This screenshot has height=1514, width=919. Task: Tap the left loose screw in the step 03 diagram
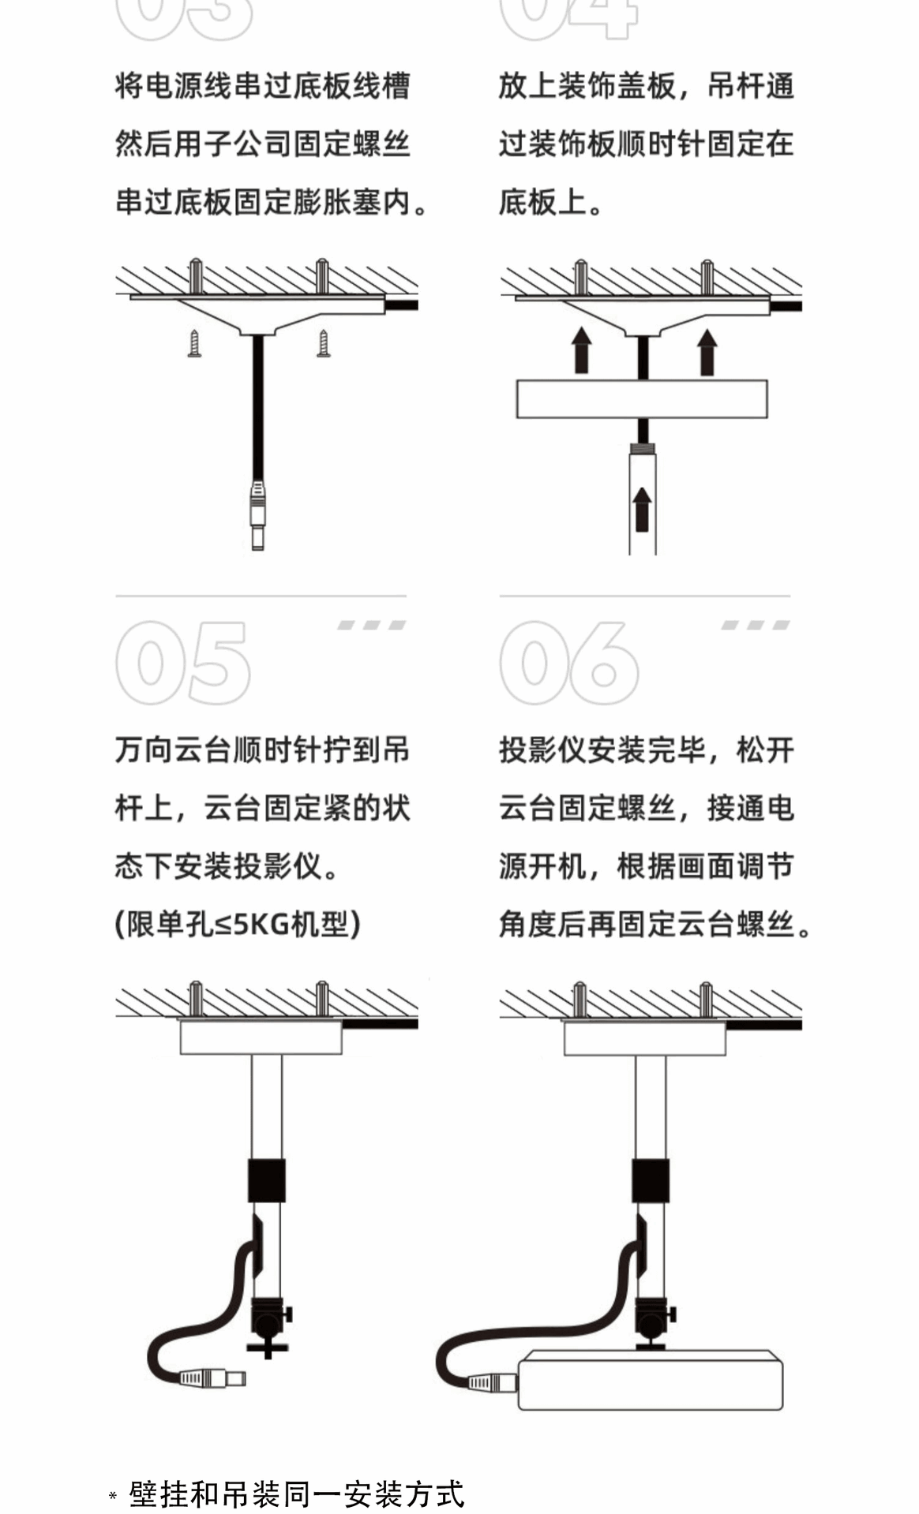click(x=194, y=343)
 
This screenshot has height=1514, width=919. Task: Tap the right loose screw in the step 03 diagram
click(x=323, y=343)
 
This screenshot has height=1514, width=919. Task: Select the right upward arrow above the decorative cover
click(x=707, y=351)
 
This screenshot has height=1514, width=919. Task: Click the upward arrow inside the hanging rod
click(x=642, y=509)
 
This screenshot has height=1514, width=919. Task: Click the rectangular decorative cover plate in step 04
click(x=642, y=399)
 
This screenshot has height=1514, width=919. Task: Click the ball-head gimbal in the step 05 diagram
click(x=268, y=1325)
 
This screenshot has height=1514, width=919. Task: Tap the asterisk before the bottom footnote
click(x=113, y=1497)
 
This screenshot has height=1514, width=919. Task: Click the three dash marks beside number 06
click(x=756, y=626)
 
